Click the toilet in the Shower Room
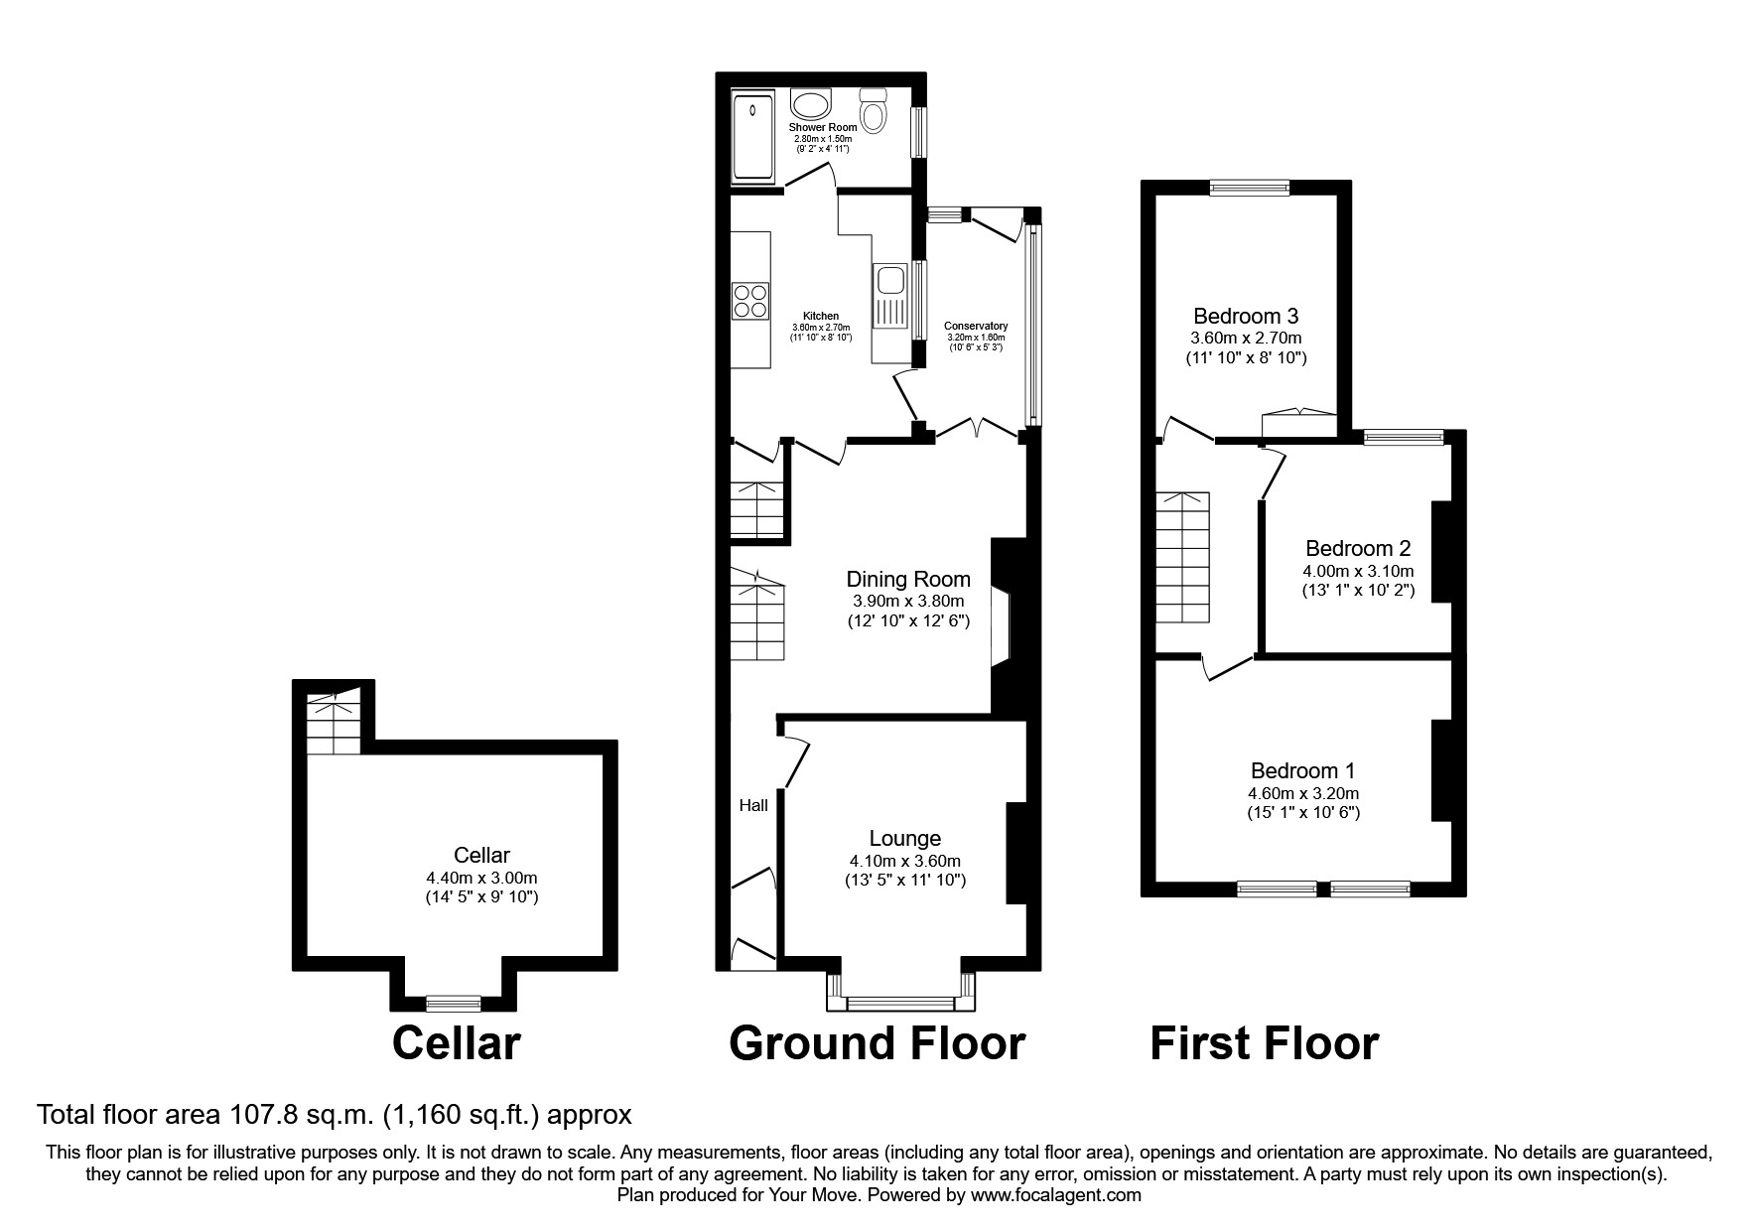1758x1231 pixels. pyautogui.click(x=873, y=111)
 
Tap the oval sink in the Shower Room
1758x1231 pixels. pyautogui.click(x=812, y=104)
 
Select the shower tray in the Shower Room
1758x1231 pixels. pyautogui.click(x=752, y=139)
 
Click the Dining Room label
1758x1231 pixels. pyautogui.click(x=907, y=579)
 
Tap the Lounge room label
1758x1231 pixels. pyautogui.click(x=904, y=839)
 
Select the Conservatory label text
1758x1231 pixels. pyautogui.click(x=975, y=326)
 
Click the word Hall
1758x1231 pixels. pyautogui.click(x=753, y=805)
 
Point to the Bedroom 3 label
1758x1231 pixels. pyautogui.click(x=1245, y=317)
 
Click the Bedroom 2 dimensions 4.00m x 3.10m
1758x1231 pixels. pyautogui.click(x=1357, y=571)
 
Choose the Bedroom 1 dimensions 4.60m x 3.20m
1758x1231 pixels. pyautogui.click(x=1302, y=793)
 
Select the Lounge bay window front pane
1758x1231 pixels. pyautogui.click(x=901, y=1004)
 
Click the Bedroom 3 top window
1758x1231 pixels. pyautogui.click(x=1249, y=187)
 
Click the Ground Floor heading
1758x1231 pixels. pyautogui.click(x=877, y=1043)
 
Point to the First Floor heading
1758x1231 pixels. pyautogui.click(x=1264, y=1043)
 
